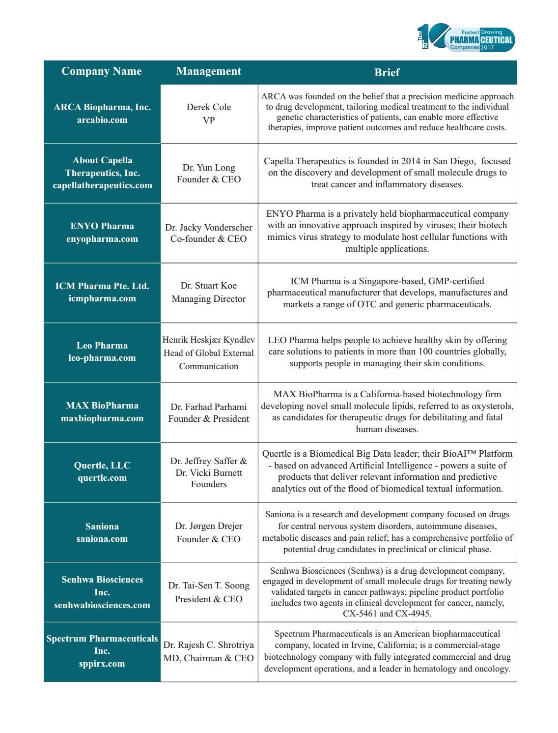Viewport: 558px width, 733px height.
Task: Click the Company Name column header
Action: pyautogui.click(x=102, y=71)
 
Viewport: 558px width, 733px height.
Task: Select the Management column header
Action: pyautogui.click(x=209, y=71)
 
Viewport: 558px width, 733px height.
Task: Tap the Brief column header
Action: pyautogui.click(x=387, y=72)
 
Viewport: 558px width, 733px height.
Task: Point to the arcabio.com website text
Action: pyautogui.click(x=102, y=120)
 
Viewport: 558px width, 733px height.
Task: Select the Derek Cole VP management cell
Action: pyautogui.click(x=209, y=114)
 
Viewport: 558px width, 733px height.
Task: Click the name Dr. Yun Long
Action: pyautogui.click(x=209, y=168)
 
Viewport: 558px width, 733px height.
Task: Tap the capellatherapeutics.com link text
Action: pyautogui.click(x=102, y=185)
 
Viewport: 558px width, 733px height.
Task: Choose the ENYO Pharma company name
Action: pyautogui.click(x=102, y=226)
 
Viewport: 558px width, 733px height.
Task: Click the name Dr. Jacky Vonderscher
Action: pyautogui.click(x=209, y=228)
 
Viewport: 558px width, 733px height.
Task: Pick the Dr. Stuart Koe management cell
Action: pyautogui.click(x=209, y=292)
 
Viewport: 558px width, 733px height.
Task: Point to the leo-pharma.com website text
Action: pyautogui.click(x=102, y=358)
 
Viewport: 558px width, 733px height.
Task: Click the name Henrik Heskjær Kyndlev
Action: pyautogui.click(x=209, y=340)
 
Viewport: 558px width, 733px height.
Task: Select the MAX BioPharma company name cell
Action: pyautogui.click(x=102, y=412)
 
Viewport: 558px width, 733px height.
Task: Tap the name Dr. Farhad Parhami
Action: pyautogui.click(x=209, y=407)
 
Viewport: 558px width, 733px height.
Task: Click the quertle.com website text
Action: pyautogui.click(x=102, y=478)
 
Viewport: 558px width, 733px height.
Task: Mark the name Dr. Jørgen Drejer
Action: pyautogui.click(x=209, y=526)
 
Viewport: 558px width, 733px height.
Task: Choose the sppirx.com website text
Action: pyautogui.click(x=102, y=664)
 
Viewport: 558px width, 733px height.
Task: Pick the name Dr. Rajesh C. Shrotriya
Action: pyautogui.click(x=209, y=645)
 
